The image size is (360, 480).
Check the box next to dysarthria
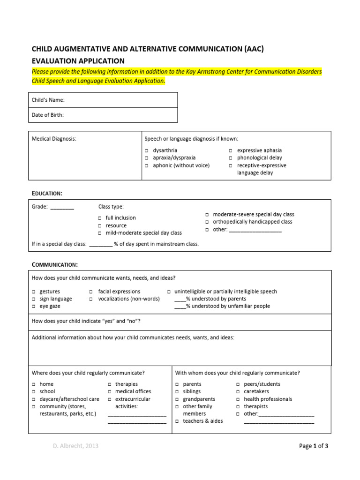pos(146,151)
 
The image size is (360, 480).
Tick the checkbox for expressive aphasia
pos(231,151)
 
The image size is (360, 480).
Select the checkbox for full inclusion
pos(100,218)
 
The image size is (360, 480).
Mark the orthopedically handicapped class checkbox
pos(207,222)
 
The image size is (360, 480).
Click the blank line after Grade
pos(62,207)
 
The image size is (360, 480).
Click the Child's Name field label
pos(48,100)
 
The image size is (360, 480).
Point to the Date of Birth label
pos(47,115)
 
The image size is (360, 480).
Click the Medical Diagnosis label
pos(53,139)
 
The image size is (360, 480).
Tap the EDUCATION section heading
pos(46,193)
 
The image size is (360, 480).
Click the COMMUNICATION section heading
pos(54,264)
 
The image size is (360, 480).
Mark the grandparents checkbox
pos(177,399)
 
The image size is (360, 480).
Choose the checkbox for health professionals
pos(238,399)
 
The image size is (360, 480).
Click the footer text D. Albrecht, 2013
pos(75,446)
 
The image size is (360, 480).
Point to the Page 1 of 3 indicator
pos(314,446)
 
